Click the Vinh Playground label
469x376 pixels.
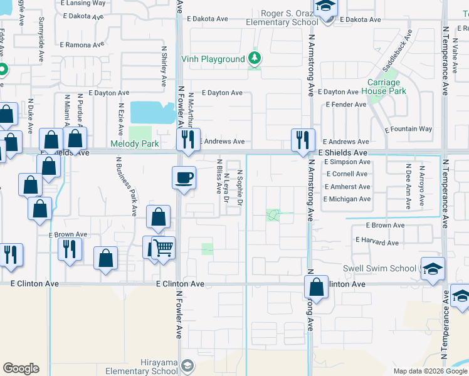click(x=213, y=60)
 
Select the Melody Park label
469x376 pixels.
click(x=134, y=144)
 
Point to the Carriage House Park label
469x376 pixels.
click(x=384, y=86)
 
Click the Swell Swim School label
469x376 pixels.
click(x=379, y=269)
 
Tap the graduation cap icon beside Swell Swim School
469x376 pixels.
click(x=433, y=269)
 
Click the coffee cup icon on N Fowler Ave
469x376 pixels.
click(x=184, y=177)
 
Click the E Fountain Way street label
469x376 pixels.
click(x=408, y=129)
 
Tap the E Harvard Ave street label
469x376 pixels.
click(x=377, y=241)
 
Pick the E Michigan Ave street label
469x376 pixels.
click(x=347, y=199)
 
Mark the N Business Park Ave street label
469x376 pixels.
click(x=125, y=186)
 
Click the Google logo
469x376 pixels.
click(x=21, y=368)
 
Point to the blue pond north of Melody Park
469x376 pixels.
click(x=152, y=113)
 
